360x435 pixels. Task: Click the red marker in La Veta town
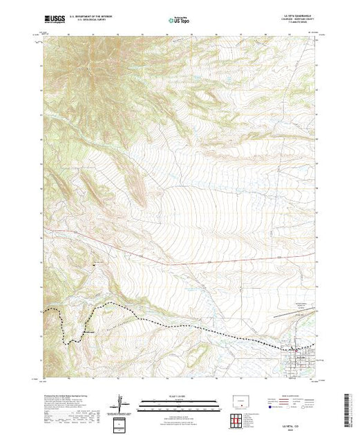[x=296, y=345]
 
